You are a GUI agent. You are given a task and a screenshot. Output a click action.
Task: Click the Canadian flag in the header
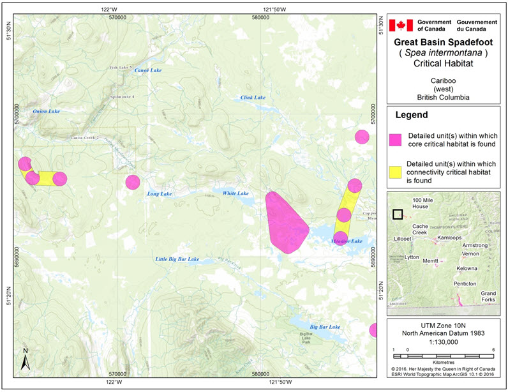click(402, 26)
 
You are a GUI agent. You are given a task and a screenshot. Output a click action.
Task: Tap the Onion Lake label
click(46, 111)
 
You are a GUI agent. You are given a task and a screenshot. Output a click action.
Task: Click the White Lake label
click(235, 193)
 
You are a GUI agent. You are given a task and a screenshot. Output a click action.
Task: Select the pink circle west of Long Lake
click(132, 182)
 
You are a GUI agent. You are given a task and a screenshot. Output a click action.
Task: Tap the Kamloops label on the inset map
click(444, 237)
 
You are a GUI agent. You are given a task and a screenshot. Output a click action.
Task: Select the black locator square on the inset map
click(398, 215)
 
